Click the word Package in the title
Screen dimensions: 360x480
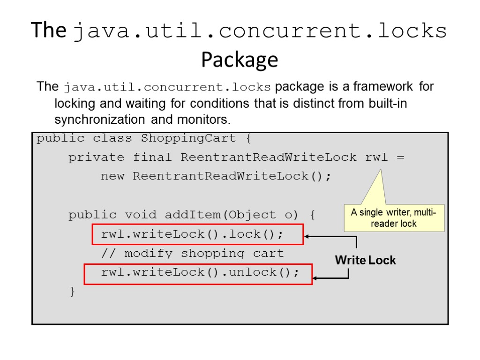click(240, 60)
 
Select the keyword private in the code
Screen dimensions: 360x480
click(96, 157)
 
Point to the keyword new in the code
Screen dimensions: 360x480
click(112, 177)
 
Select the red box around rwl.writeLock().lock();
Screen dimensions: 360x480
click(197, 234)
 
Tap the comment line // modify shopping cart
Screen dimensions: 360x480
click(192, 254)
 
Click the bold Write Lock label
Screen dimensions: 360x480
click(365, 260)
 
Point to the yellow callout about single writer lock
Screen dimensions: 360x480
click(394, 218)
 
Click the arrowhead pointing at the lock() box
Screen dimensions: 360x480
click(307, 237)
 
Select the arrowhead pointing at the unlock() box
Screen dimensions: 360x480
click(315, 278)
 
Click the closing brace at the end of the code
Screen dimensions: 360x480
click(72, 292)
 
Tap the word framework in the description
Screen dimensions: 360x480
click(383, 87)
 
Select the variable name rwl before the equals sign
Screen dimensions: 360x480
click(376, 157)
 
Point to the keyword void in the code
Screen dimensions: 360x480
click(140, 215)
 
